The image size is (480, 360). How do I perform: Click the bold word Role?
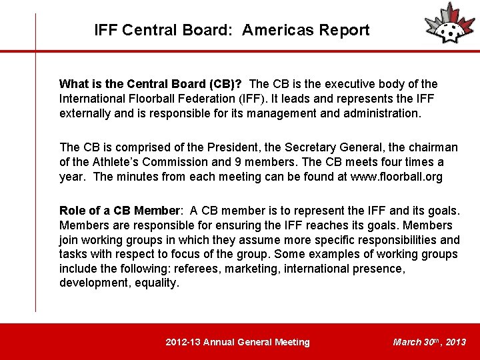click(x=73, y=211)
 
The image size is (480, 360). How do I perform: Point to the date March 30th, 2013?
click(x=429, y=343)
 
